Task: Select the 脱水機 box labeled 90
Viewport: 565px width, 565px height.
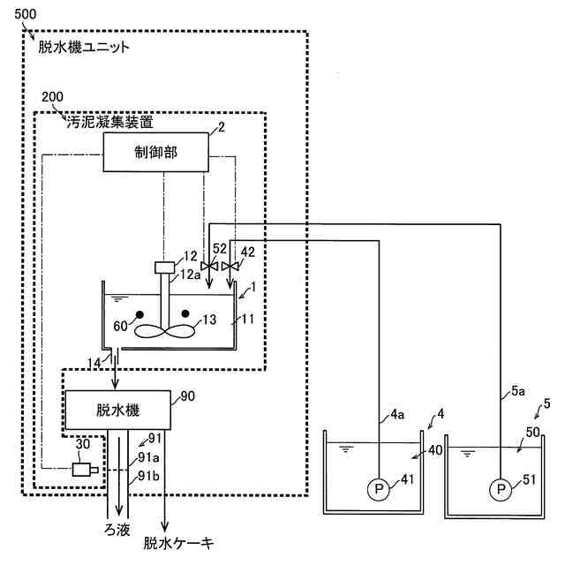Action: click(118, 409)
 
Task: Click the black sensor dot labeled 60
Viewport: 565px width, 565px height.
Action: click(139, 315)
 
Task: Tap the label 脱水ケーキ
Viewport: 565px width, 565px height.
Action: click(179, 543)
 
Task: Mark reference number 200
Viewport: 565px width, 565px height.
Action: click(54, 96)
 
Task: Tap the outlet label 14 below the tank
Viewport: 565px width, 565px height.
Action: click(94, 360)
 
